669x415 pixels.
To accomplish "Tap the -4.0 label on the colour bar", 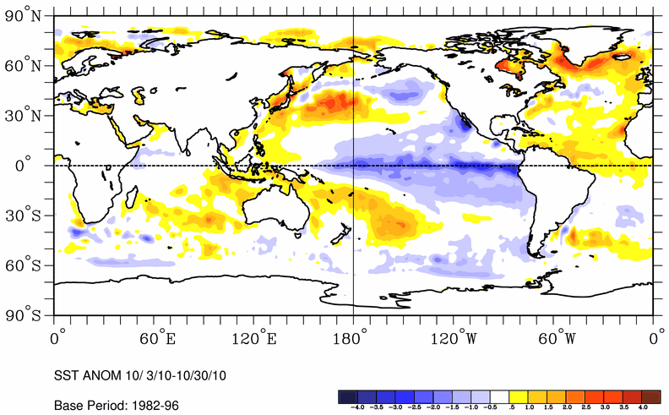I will [357, 407].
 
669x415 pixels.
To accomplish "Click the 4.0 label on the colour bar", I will [641, 407].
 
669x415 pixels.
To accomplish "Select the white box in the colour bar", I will [500, 396].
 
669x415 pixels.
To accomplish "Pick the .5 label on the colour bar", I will [511, 407].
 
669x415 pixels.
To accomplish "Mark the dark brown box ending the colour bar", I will [651, 396].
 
